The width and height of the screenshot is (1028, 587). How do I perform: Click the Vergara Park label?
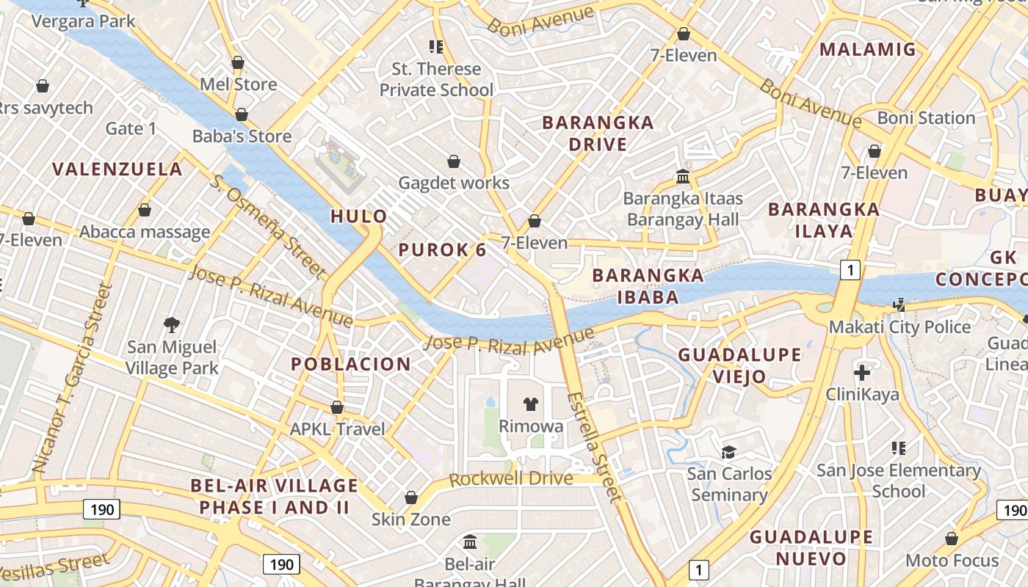pos(83,21)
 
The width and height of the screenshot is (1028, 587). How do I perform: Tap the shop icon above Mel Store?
pos(237,63)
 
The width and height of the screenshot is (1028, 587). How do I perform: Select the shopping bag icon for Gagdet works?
pos(454,161)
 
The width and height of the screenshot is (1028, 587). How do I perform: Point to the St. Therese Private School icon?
pos(436,48)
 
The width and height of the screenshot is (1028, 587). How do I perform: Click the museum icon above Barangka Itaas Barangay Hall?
pos(683,177)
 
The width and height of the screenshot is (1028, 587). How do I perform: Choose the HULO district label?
pos(358,216)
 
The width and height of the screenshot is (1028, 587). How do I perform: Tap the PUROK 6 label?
pos(442,249)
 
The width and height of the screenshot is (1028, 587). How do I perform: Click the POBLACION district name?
pos(351,364)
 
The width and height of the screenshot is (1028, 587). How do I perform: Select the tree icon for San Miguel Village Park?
pos(172,324)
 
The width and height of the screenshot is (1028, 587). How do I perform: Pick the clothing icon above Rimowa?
pos(531,404)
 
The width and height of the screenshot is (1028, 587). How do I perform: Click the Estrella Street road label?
pos(594,447)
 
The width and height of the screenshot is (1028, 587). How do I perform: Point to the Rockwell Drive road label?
pos(510,479)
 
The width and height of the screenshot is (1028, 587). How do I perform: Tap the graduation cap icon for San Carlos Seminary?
pos(728,452)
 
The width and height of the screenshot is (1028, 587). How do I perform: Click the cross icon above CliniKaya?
pos(862,372)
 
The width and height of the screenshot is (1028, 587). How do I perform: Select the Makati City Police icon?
pos(898,305)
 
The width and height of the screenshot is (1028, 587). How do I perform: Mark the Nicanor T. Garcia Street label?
pos(72,378)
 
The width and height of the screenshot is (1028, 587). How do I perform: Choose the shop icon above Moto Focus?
pos(952,539)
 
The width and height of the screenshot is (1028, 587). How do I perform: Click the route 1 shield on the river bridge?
pos(850,271)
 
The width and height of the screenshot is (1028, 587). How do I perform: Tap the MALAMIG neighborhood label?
pos(868,49)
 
